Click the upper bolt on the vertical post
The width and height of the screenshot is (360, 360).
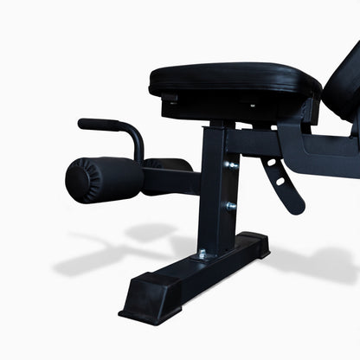[x=231, y=164]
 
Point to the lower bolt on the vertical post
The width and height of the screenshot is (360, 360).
[x=231, y=206]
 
